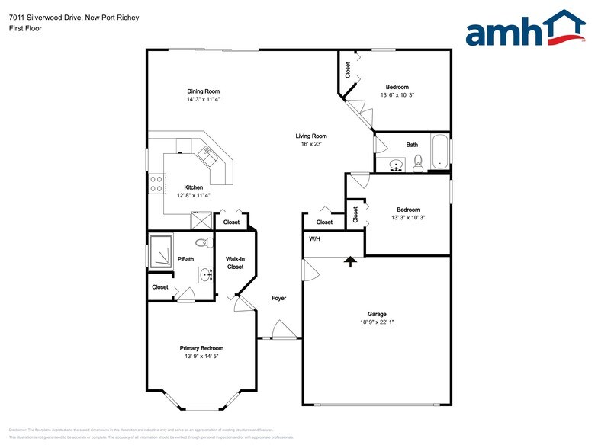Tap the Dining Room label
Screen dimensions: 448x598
coord(203,91)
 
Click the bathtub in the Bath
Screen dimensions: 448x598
coord(440,152)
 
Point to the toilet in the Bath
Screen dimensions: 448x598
coord(417,162)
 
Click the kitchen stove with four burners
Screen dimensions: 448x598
coord(156,183)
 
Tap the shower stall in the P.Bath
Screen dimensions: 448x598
coord(161,251)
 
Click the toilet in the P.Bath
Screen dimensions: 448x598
coord(202,243)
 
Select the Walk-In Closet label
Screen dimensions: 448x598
coord(235,263)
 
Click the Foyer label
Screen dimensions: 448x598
coord(278,298)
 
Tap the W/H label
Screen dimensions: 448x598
coord(313,239)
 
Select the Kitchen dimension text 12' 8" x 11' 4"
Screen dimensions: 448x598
coord(193,195)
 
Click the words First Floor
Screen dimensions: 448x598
coord(25,28)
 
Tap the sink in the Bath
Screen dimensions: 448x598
coord(395,164)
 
